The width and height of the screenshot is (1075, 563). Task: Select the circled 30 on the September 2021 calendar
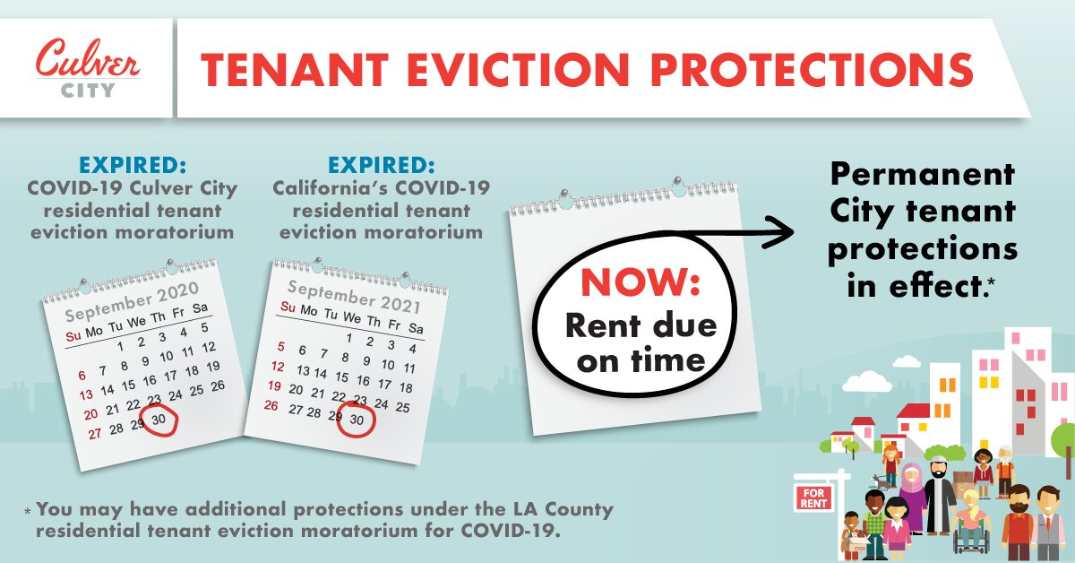tap(357, 419)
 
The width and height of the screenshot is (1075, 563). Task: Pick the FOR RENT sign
tap(813, 497)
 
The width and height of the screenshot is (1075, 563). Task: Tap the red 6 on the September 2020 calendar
tap(82, 376)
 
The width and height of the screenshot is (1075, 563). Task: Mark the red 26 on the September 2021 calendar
tap(272, 405)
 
